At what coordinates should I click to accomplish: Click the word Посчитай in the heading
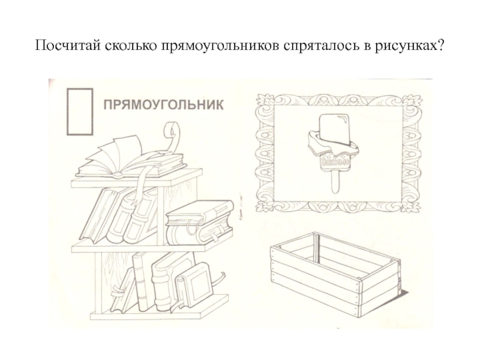coord(62,46)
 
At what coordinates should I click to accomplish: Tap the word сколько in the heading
coord(124,46)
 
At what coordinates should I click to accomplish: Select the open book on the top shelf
coord(120,157)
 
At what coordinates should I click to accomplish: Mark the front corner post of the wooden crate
coord(360,298)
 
